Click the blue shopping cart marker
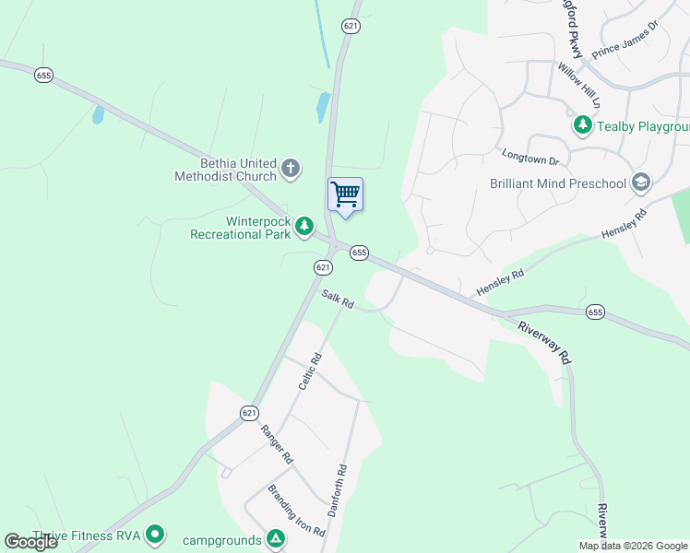[x=345, y=195]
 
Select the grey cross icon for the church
[x=291, y=168]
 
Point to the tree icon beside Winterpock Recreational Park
[x=304, y=226]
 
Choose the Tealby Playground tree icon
[x=582, y=125]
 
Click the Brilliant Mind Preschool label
[x=557, y=183]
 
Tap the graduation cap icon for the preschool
[x=640, y=182]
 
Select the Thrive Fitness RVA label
[x=85, y=535]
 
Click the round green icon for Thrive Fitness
[x=155, y=534]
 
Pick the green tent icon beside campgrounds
[x=274, y=539]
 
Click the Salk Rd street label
[x=339, y=299]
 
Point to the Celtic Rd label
[x=309, y=371]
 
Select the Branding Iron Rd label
[x=296, y=512]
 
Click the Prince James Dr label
[x=625, y=41]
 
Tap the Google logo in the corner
[x=30, y=542]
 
